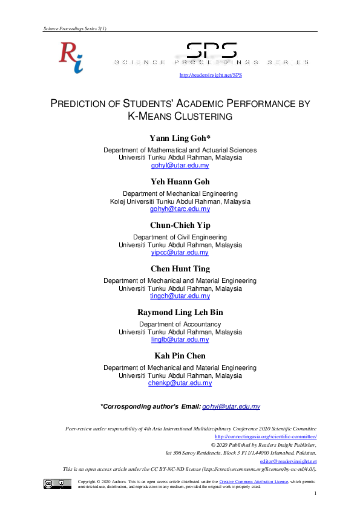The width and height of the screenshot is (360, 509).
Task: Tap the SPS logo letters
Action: (x=211, y=51)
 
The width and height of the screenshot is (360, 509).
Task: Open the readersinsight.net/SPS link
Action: (x=203, y=75)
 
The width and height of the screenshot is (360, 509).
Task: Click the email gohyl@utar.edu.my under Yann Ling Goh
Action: (x=180, y=164)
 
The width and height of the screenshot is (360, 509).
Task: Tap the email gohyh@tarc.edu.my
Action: (x=180, y=209)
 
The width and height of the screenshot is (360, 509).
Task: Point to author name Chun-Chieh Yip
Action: (x=180, y=225)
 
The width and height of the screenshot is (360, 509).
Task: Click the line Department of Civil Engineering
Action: (x=180, y=238)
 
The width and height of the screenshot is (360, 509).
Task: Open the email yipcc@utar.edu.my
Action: (x=180, y=252)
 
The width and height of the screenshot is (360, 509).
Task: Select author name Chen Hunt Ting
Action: (x=180, y=268)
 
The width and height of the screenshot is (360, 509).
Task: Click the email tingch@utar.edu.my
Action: (x=180, y=296)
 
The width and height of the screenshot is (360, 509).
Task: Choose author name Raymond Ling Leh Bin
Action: (x=180, y=312)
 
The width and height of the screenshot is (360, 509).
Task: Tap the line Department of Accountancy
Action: (x=180, y=325)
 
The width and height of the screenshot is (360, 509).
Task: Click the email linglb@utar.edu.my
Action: (x=180, y=340)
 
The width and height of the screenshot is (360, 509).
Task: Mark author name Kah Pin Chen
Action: (x=180, y=355)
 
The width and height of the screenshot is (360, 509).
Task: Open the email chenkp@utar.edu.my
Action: (x=180, y=383)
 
